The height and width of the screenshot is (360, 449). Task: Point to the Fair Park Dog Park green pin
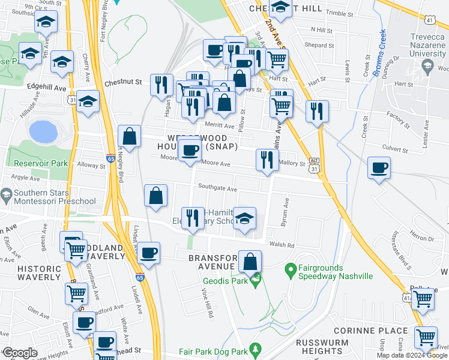tap(256, 349)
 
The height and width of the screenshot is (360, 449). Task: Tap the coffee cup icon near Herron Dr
tap(379, 169)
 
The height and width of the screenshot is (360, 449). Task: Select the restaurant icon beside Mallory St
tap(266, 160)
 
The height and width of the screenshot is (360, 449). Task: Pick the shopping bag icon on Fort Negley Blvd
tap(130, 137)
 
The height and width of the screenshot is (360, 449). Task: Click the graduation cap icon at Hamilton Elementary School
tap(244, 219)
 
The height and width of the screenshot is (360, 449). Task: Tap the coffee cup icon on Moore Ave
tap(191, 150)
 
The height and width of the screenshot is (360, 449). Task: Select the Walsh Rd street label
tap(282, 245)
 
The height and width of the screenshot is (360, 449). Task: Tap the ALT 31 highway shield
tap(314, 166)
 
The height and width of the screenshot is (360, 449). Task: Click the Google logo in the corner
tap(19, 353)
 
